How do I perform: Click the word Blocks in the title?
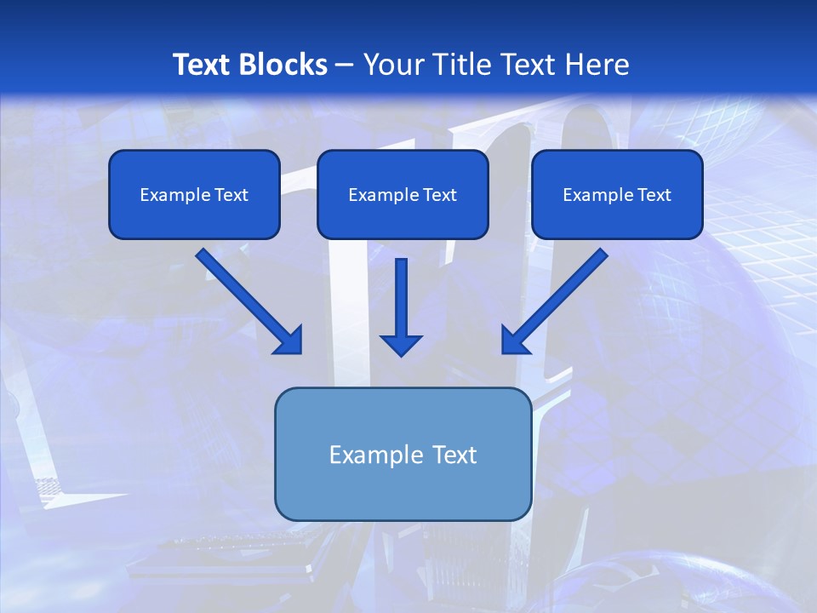coord(283,65)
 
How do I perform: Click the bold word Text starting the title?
coord(203,65)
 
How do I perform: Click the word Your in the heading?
coord(392,65)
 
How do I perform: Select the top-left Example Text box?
coord(194,194)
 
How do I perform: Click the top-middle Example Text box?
coord(403,194)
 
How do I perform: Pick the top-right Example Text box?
coord(617,194)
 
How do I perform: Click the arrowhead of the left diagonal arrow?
coord(289,341)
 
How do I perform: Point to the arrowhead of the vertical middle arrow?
coord(401,345)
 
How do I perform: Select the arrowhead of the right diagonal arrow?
coord(515,341)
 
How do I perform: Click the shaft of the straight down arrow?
coord(401,294)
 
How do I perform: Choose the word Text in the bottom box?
coord(453,455)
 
